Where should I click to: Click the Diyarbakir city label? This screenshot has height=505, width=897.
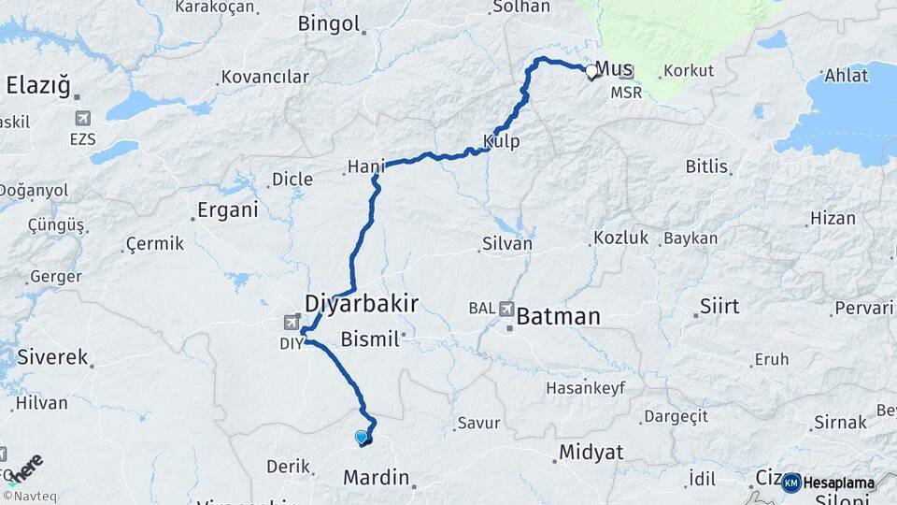361,302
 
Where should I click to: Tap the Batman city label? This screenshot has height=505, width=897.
558,316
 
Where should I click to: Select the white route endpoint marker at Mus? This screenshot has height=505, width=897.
591,70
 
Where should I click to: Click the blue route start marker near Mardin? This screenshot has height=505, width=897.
362,437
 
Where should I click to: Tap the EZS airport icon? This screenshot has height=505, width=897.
83,119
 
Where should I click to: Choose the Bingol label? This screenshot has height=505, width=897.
328,24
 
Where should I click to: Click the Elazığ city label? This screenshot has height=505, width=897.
38,86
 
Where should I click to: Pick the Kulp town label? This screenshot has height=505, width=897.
502,142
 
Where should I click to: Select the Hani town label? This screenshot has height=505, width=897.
366,166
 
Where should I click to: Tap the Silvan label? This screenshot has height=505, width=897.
506,244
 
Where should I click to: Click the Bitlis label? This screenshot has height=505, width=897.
706,166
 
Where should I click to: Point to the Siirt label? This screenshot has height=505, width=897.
719,307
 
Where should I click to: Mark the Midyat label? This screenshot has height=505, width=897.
591,453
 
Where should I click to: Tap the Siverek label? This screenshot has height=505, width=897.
52,356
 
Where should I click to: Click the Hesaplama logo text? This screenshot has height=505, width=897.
839,483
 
